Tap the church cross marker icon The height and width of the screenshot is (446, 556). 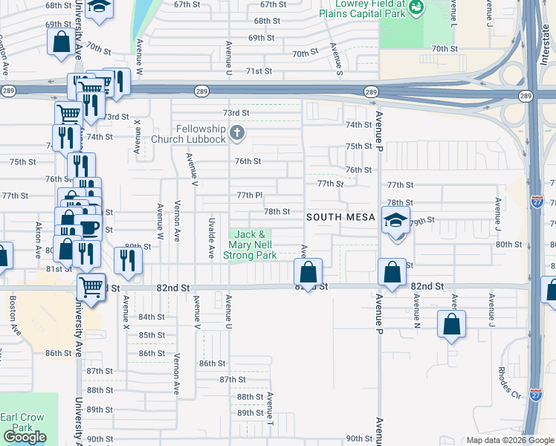pos(237,134)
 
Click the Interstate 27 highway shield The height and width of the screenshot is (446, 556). pos(537,201)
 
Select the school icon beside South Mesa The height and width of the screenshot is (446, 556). pos(395,219)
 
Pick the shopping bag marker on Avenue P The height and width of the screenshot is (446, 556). pos(392,272)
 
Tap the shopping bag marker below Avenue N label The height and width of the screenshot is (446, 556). pos(451,324)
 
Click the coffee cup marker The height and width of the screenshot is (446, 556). pos(88,226)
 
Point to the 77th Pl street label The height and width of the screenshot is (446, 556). pos(250,195)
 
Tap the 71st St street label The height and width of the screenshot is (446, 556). pos(259,71)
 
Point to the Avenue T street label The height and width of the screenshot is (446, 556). pos(270,409)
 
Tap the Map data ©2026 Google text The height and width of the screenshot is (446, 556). pos(509,440)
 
